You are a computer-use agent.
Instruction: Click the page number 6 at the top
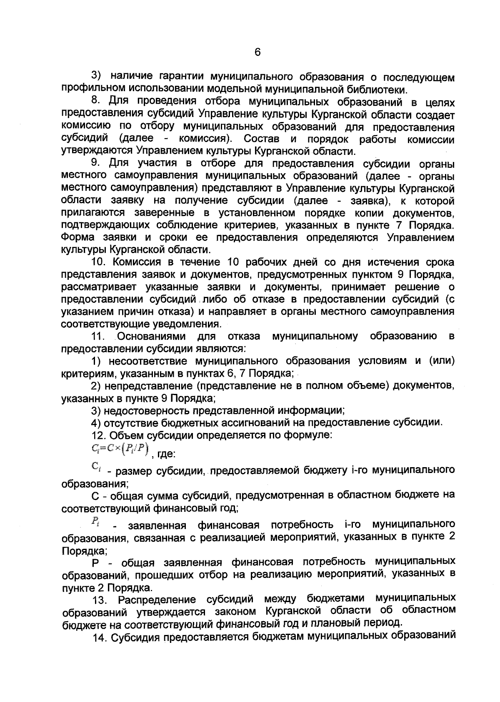click(x=257, y=52)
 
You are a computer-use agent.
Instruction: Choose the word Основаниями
click(x=152, y=336)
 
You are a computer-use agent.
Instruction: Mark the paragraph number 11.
click(x=100, y=336)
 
